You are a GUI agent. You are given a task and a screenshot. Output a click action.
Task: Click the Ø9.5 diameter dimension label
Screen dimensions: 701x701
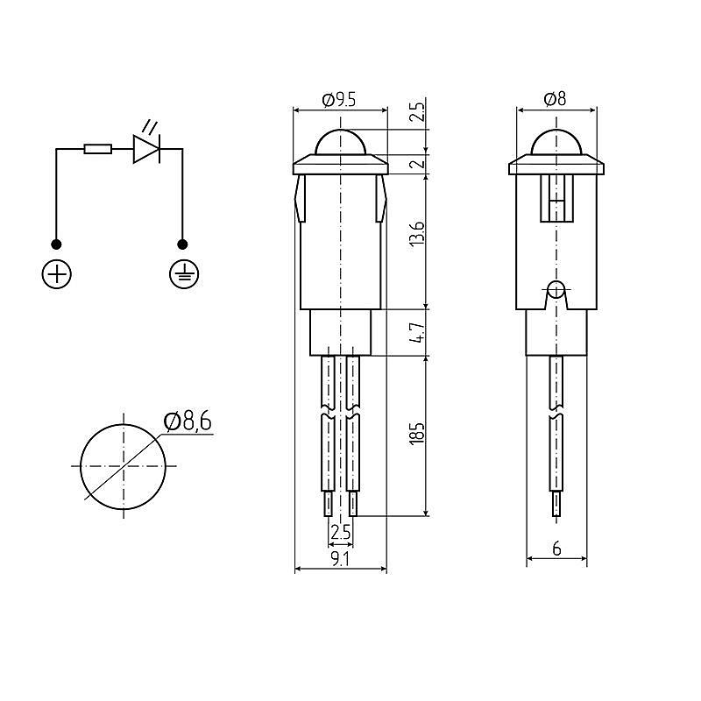click(339, 100)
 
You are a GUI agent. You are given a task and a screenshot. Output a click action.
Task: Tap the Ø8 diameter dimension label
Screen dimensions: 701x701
click(555, 99)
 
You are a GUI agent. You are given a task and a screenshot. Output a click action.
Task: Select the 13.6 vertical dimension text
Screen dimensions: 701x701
click(417, 233)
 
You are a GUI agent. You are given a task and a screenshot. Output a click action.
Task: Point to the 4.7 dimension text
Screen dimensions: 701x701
click(417, 332)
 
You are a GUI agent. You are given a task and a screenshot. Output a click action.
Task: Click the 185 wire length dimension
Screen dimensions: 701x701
click(417, 433)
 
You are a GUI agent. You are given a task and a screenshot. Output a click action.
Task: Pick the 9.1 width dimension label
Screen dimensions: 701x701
click(340, 559)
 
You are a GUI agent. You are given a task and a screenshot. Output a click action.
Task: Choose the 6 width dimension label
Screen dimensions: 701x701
click(556, 549)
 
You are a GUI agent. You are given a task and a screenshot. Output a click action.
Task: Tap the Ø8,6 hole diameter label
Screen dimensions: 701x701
click(188, 421)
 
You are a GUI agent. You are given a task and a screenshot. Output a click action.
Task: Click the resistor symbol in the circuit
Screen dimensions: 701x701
click(98, 149)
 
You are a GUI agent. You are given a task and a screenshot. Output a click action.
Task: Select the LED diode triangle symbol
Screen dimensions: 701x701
click(146, 149)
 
